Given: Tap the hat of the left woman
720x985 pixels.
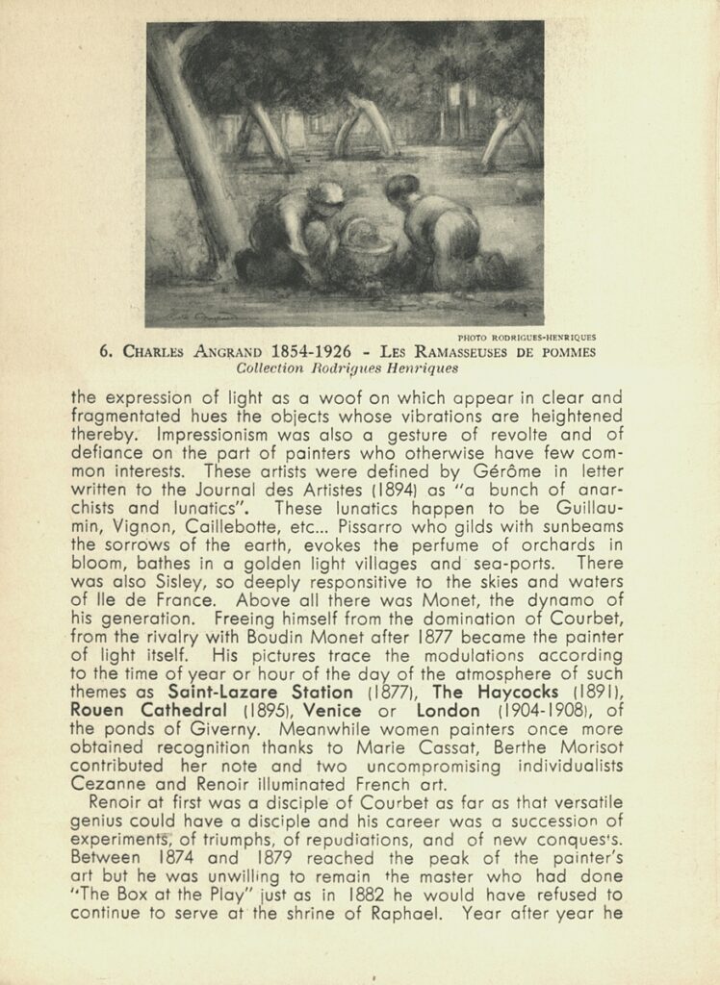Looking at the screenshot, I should coord(328,193).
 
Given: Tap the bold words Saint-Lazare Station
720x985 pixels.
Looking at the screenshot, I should coord(260,692).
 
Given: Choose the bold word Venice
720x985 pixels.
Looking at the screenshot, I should coord(337,711).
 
